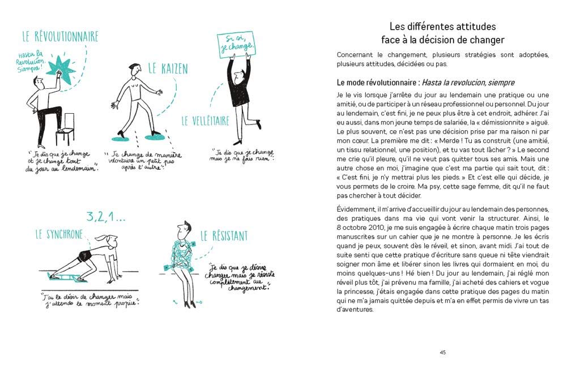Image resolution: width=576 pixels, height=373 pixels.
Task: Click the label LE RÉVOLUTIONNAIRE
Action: tap(60, 37)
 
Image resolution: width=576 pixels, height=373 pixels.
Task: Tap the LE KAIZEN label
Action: tap(168, 69)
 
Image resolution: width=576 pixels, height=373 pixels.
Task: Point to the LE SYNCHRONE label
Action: tap(59, 234)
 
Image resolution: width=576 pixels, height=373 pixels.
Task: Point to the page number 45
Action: tap(442, 352)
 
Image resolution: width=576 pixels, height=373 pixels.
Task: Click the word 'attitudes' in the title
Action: tap(471, 27)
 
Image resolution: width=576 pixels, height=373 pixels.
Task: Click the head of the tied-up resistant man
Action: tap(182, 229)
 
